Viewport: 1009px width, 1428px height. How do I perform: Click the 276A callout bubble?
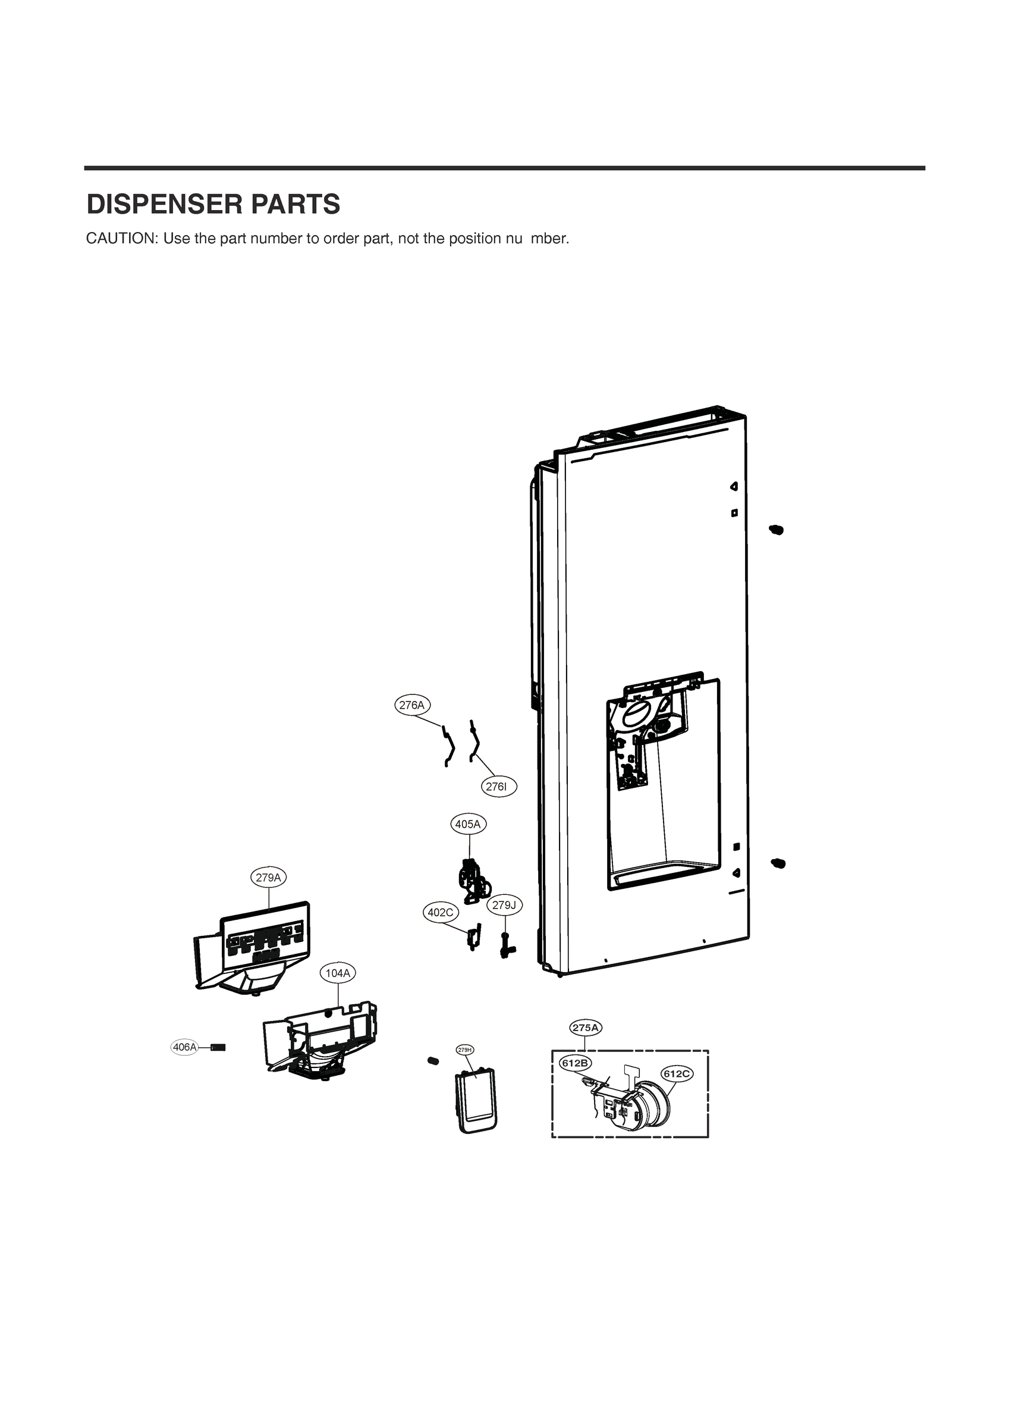coord(412,705)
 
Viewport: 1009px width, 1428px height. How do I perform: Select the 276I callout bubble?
coord(499,787)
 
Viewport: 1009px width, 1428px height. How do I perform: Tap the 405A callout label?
coord(468,825)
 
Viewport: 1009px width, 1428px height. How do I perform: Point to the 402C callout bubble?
coord(441,912)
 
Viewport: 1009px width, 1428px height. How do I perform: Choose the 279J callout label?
coord(504,906)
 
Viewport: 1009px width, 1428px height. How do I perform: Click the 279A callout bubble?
coord(269,878)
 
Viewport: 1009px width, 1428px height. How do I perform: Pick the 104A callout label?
coord(338,973)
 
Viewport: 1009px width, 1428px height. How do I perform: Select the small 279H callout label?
coord(465,1050)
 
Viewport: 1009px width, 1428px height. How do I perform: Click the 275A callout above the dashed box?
coord(586,1028)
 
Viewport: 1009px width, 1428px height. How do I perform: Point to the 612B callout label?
coord(575,1063)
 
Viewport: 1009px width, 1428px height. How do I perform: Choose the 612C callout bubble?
coord(677,1073)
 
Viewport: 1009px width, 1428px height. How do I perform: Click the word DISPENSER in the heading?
coord(163,205)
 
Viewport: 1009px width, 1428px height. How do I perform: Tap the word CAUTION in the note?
coord(122,239)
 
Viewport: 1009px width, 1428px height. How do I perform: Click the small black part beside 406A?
coord(218,1047)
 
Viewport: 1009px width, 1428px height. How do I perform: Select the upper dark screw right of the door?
coord(776,530)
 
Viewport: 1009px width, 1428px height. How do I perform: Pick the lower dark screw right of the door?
coord(777,863)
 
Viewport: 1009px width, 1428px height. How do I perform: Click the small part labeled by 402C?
coord(473,937)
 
